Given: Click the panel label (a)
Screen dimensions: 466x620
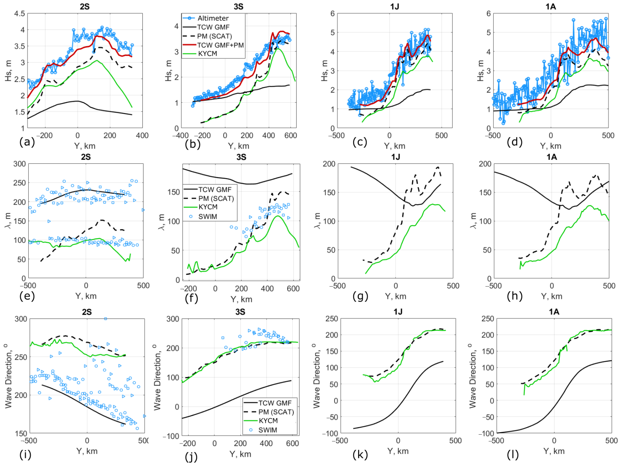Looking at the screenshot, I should click(x=27, y=142).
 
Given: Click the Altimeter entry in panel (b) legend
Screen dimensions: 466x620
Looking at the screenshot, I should click(x=213, y=18).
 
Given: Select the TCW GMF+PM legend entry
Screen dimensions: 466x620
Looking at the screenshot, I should click(x=220, y=45).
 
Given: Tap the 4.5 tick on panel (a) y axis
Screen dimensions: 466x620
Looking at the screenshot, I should click(x=20, y=14).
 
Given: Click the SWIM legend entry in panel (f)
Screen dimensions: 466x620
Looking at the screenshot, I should click(x=208, y=216).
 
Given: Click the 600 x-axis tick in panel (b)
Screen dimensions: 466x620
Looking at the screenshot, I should click(x=290, y=136).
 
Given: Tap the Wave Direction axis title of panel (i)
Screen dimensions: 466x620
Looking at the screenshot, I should click(x=8, y=377).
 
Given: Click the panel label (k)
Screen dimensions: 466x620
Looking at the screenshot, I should click(x=360, y=455).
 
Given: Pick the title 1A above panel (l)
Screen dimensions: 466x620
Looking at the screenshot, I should click(x=554, y=312).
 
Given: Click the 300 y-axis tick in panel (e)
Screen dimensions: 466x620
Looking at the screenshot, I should click(x=20, y=164).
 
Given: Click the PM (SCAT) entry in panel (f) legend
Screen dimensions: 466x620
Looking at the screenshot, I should click(x=216, y=199).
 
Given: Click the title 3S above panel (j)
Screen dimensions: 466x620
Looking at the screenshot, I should click(x=240, y=312).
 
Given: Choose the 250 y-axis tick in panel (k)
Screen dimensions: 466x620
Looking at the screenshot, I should click(x=332, y=319).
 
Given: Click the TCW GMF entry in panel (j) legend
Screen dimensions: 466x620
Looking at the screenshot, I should click(x=275, y=403).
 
